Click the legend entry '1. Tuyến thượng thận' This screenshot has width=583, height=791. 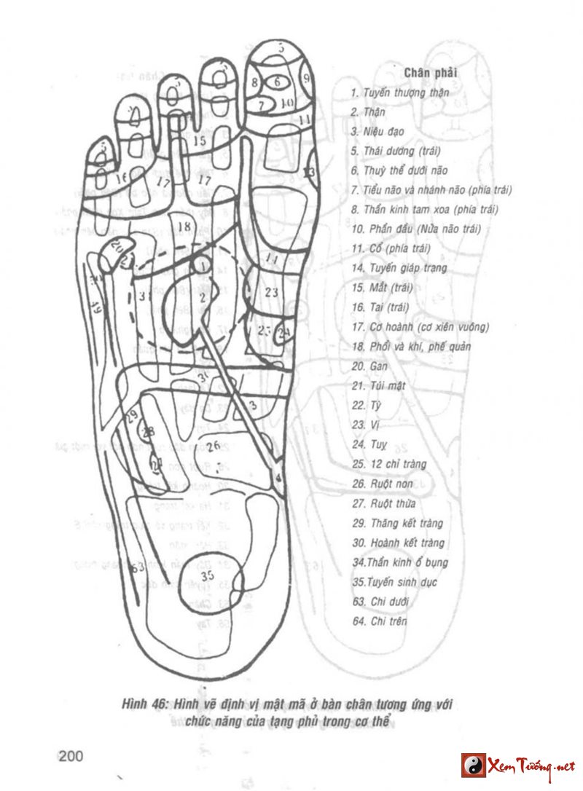[x=398, y=93]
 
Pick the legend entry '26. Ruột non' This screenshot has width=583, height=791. [x=377, y=484]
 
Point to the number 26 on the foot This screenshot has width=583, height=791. [x=214, y=446]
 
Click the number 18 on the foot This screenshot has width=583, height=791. [x=184, y=227]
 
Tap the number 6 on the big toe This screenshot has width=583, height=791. [x=277, y=82]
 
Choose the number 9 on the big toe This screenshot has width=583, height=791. [x=307, y=76]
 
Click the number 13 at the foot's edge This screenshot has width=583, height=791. [x=309, y=173]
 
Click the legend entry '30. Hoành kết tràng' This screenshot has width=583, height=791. [x=397, y=543]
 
